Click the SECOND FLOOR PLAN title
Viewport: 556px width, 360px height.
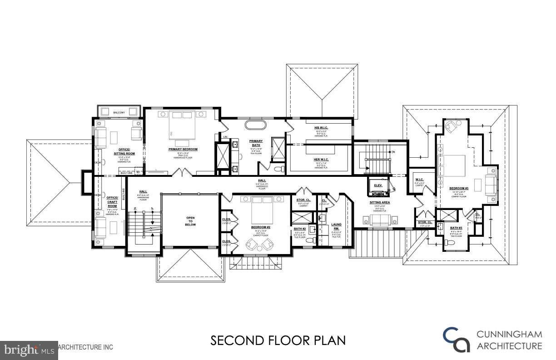coord(278,340)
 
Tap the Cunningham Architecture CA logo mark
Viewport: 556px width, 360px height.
coord(457,340)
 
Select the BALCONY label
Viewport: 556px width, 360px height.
coord(119,112)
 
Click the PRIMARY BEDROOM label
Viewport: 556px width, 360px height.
coord(183,149)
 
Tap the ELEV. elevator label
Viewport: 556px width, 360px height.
coord(378,185)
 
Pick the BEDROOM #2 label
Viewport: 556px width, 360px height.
coord(261,227)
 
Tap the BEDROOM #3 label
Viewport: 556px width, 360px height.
coord(459,188)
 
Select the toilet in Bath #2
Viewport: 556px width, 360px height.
coord(310,240)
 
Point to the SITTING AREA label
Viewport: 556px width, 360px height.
coord(379,202)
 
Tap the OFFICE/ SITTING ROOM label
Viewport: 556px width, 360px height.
coord(124,151)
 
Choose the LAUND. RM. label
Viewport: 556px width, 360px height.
coord(337,226)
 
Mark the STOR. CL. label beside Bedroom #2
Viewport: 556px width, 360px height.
coord(303,200)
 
